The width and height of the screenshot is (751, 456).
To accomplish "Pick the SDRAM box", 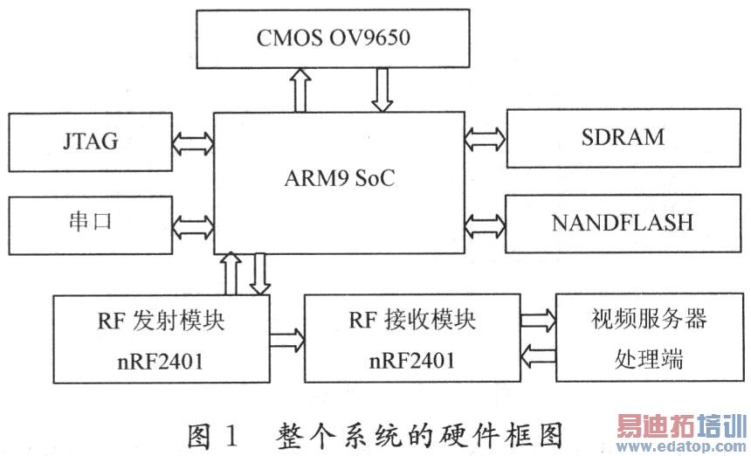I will click(622, 137).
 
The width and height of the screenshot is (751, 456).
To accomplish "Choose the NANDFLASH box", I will click(622, 223).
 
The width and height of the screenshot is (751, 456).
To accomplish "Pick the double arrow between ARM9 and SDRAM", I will click(486, 137).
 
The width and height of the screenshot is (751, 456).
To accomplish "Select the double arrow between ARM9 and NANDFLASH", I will click(486, 223).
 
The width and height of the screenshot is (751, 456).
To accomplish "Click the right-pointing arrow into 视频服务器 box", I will click(536, 321).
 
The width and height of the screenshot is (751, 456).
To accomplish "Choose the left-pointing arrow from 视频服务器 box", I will click(536, 355).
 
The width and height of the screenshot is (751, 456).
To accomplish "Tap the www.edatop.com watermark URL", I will click(682, 445).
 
